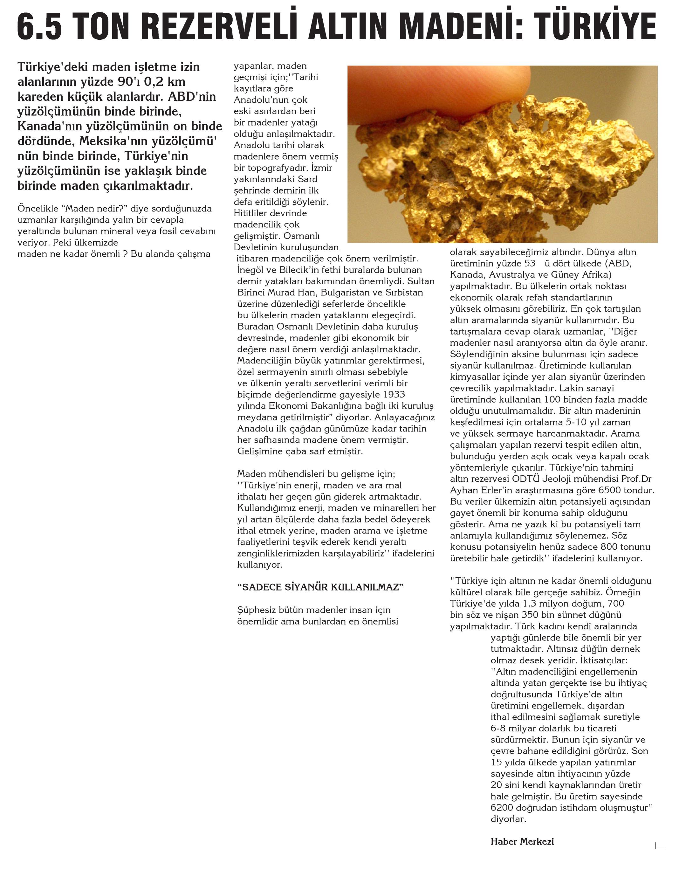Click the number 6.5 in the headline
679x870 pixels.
coord(39,27)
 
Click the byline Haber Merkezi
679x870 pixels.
coord(522,842)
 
